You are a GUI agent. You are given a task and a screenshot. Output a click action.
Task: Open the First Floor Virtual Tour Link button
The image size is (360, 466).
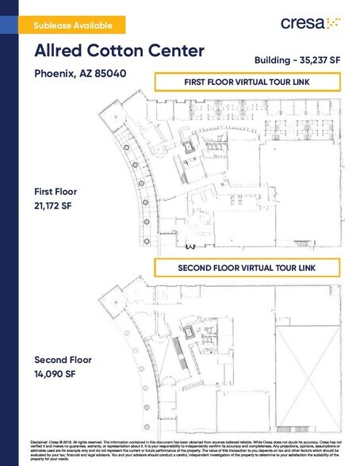(246, 82)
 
